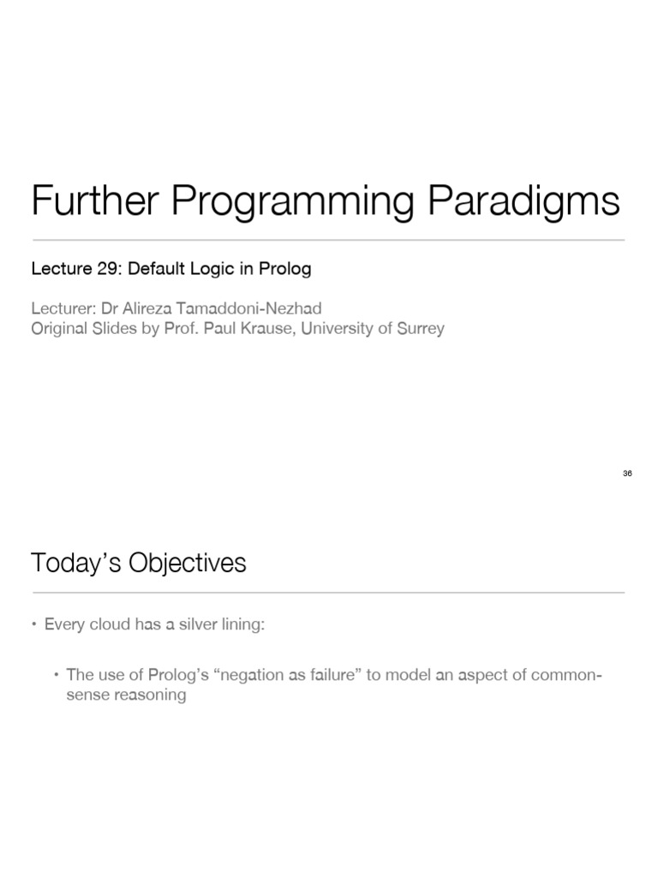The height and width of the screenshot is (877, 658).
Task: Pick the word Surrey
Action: pos(421,328)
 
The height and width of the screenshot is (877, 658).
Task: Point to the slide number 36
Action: pos(627,474)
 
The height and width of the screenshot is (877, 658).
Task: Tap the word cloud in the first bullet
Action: pos(108,625)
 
